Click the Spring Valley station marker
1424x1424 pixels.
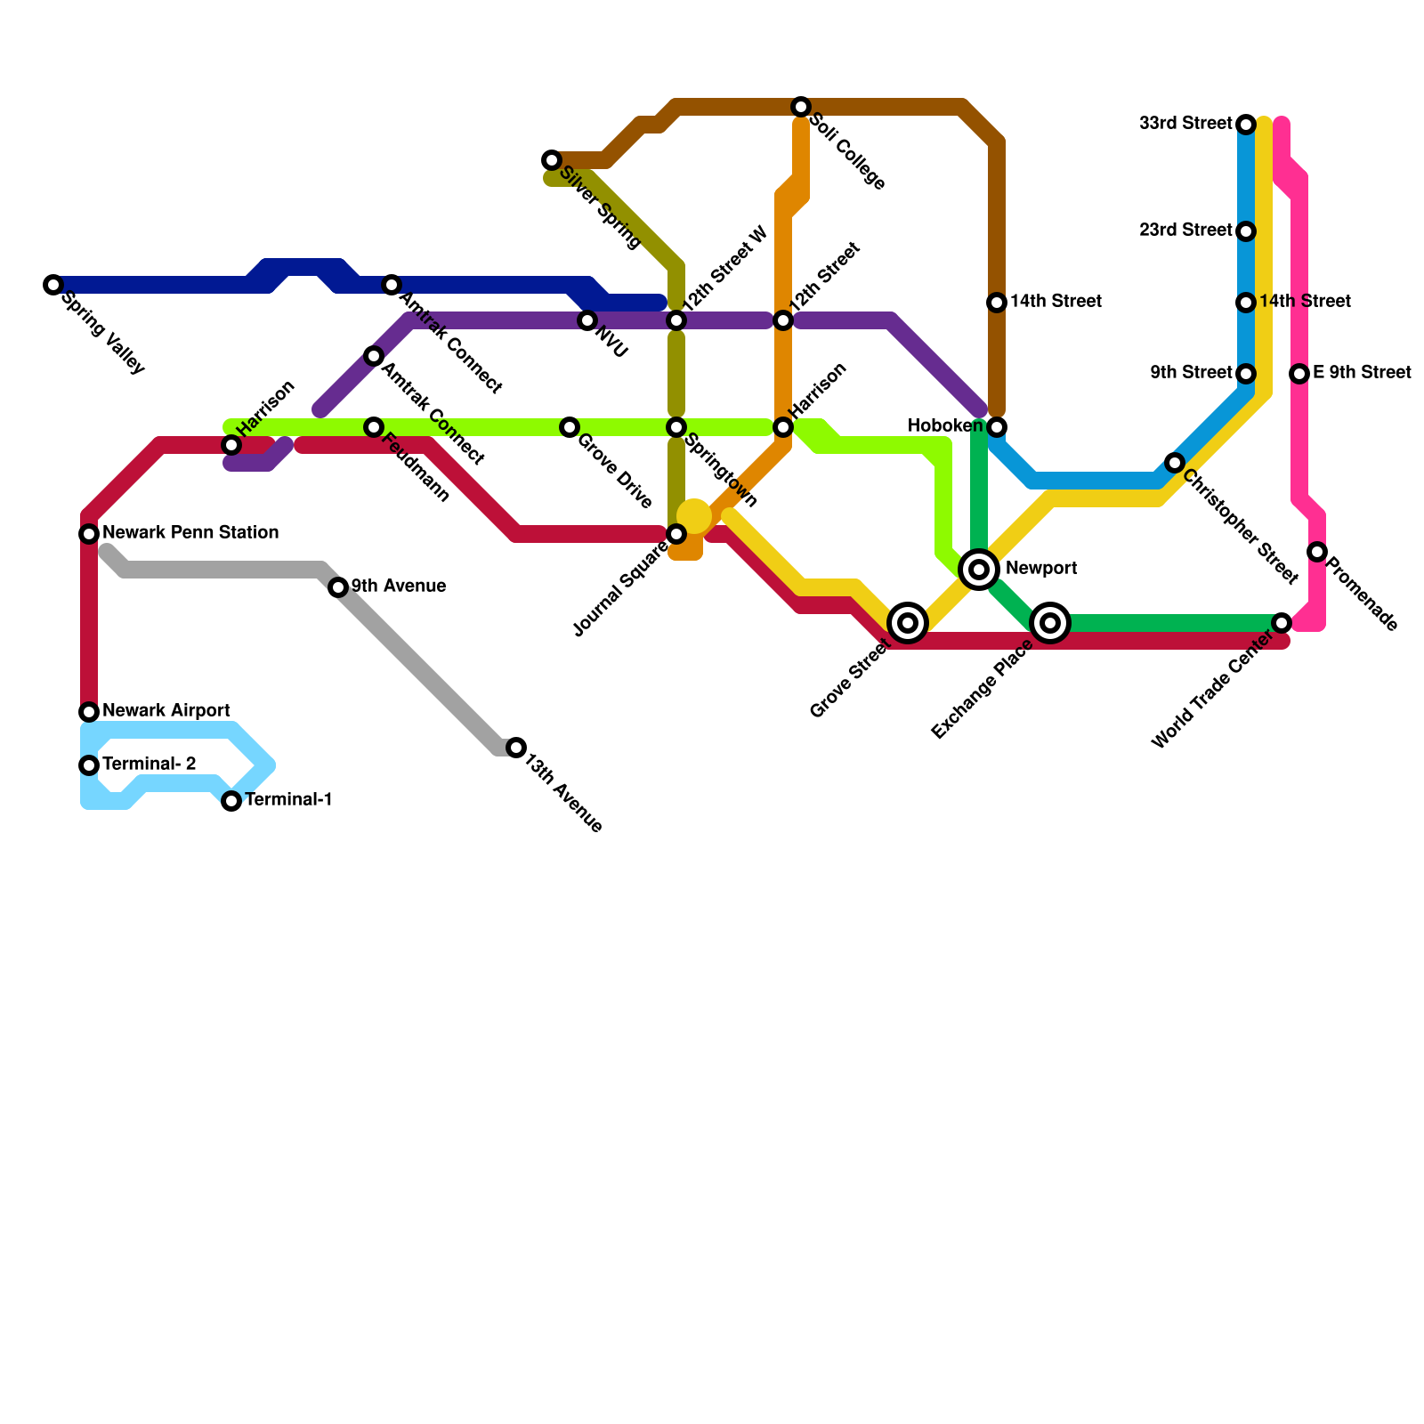(x=53, y=285)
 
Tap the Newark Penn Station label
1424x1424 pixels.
(x=190, y=533)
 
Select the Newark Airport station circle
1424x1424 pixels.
(x=89, y=712)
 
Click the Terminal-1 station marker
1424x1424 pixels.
(x=231, y=801)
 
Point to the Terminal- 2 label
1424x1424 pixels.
(x=149, y=765)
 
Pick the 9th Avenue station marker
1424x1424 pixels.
(x=338, y=587)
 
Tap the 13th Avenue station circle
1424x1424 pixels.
(x=516, y=748)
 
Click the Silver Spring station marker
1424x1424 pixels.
(x=552, y=160)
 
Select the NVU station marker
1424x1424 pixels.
(x=587, y=320)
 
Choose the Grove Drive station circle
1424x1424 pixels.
(x=570, y=427)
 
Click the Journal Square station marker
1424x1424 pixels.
(x=676, y=534)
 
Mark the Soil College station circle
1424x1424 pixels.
(x=801, y=107)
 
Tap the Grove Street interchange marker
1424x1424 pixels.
(x=908, y=623)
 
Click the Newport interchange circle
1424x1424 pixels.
(x=979, y=569)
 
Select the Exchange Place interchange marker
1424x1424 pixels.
(x=1050, y=623)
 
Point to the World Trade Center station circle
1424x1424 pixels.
(x=1282, y=623)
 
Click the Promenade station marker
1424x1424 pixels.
(x=1317, y=552)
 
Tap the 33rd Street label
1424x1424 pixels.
(x=1185, y=124)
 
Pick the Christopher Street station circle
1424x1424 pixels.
(x=1175, y=463)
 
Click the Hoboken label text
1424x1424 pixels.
(x=945, y=426)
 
